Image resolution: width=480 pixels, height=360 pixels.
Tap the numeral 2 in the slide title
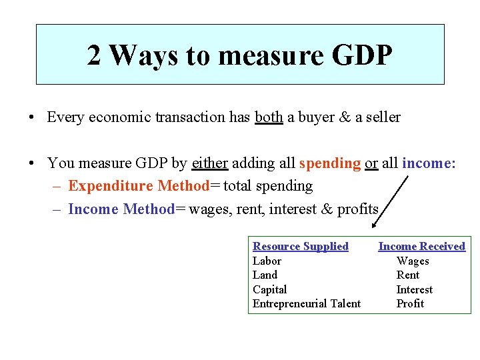click(95, 55)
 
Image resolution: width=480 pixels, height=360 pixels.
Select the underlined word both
click(269, 117)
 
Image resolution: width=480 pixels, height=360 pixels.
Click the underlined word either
click(210, 163)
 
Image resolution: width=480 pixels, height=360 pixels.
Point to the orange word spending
click(330, 163)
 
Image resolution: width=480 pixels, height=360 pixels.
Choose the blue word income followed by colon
click(429, 163)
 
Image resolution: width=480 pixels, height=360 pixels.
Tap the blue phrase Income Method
click(120, 209)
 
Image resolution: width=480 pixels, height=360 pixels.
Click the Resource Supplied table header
click(301, 247)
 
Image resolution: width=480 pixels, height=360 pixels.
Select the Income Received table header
click(422, 247)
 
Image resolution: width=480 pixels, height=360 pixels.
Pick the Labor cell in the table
click(267, 261)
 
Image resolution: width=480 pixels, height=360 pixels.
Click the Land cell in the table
click(265, 275)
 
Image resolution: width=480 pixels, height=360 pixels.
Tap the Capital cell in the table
click(269, 290)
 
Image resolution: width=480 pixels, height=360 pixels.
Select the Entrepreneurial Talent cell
click(307, 304)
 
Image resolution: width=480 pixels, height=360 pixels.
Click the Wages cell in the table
click(413, 261)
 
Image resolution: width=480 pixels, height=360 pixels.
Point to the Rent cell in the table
click(408, 275)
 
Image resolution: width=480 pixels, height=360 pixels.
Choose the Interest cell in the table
click(414, 290)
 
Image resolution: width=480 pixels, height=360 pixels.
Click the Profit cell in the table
click(410, 304)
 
